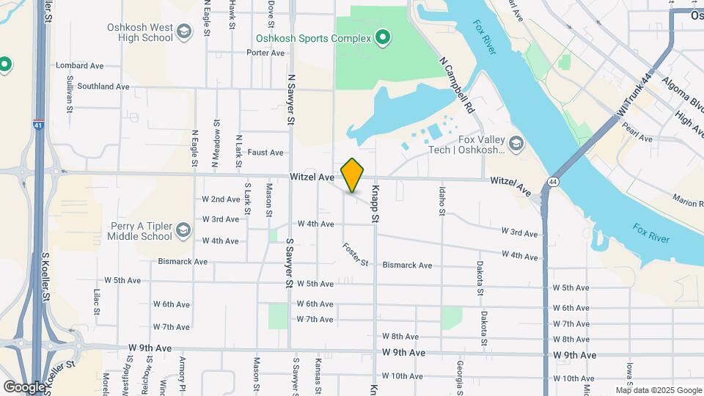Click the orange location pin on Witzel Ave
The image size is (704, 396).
(353, 175)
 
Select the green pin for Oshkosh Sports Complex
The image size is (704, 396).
(381, 37)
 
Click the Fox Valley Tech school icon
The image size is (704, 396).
(516, 143)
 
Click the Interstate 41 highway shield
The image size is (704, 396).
(37, 124)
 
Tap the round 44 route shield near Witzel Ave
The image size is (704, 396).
(552, 181)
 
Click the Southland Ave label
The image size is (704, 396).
(103, 87)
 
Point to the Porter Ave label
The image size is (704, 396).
(265, 53)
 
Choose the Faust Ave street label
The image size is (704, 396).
(265, 153)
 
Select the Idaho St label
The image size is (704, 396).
(442, 202)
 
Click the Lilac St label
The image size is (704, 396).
(96, 301)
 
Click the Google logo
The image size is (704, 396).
(24, 386)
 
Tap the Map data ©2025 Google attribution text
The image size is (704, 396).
(658, 390)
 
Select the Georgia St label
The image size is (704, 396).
(460, 373)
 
